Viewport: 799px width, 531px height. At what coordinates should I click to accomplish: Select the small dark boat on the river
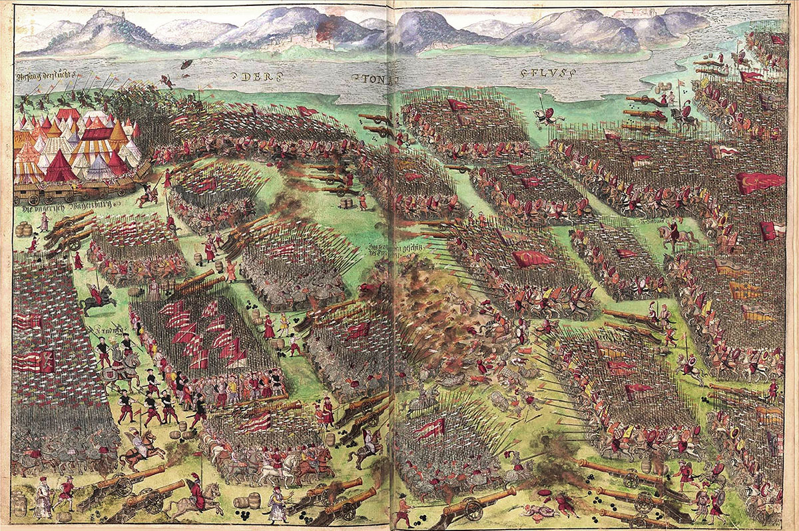(x=187, y=64)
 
